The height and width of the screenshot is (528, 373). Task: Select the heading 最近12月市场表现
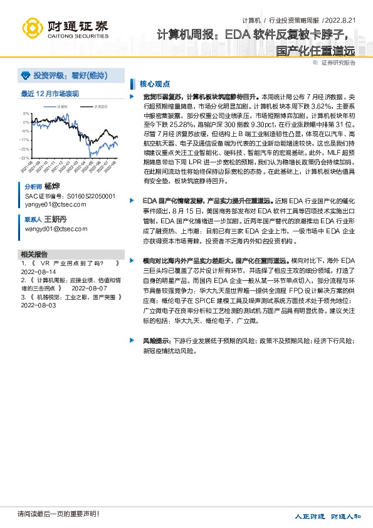click(50, 93)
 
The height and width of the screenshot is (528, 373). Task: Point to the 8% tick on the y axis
click(26, 114)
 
